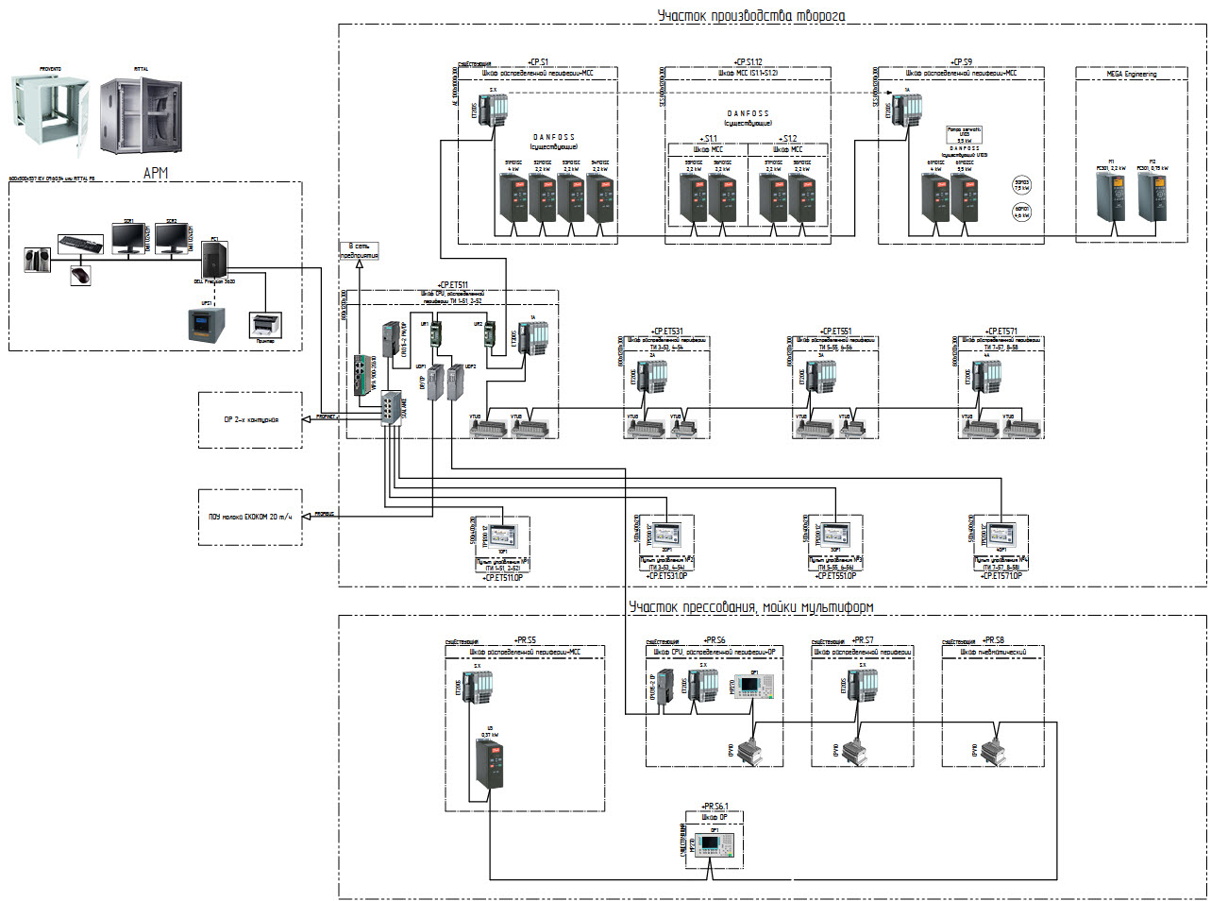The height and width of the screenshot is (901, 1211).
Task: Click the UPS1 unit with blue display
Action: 207,324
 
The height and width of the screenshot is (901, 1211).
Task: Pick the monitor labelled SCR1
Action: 127,239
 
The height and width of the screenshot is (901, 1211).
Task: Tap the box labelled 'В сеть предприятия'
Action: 359,251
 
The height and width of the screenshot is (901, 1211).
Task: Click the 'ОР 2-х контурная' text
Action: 250,418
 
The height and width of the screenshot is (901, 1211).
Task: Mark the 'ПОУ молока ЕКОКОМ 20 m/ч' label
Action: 250,517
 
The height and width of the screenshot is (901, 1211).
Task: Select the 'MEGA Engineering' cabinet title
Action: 1131,74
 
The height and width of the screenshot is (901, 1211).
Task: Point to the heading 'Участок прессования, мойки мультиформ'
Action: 751,607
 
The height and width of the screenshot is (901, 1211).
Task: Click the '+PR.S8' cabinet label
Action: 993,639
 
